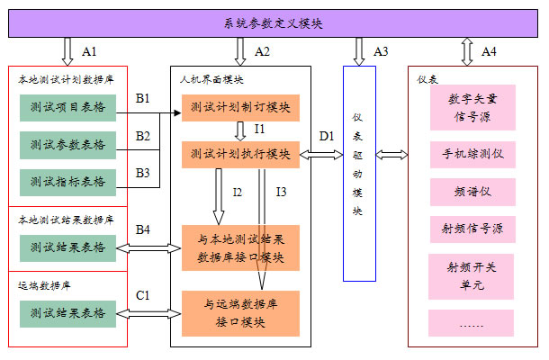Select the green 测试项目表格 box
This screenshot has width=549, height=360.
67,108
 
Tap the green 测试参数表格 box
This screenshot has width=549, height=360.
67,144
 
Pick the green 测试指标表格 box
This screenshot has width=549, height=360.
67,181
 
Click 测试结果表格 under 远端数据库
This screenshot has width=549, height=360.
67,313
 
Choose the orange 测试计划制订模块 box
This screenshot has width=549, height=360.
239,109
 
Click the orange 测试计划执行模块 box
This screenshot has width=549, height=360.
239,154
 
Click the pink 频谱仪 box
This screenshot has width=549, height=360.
472,192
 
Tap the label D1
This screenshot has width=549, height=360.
327,136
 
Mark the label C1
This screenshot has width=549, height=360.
142,294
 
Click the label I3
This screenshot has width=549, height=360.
281,192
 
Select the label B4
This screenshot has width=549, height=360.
142,229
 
